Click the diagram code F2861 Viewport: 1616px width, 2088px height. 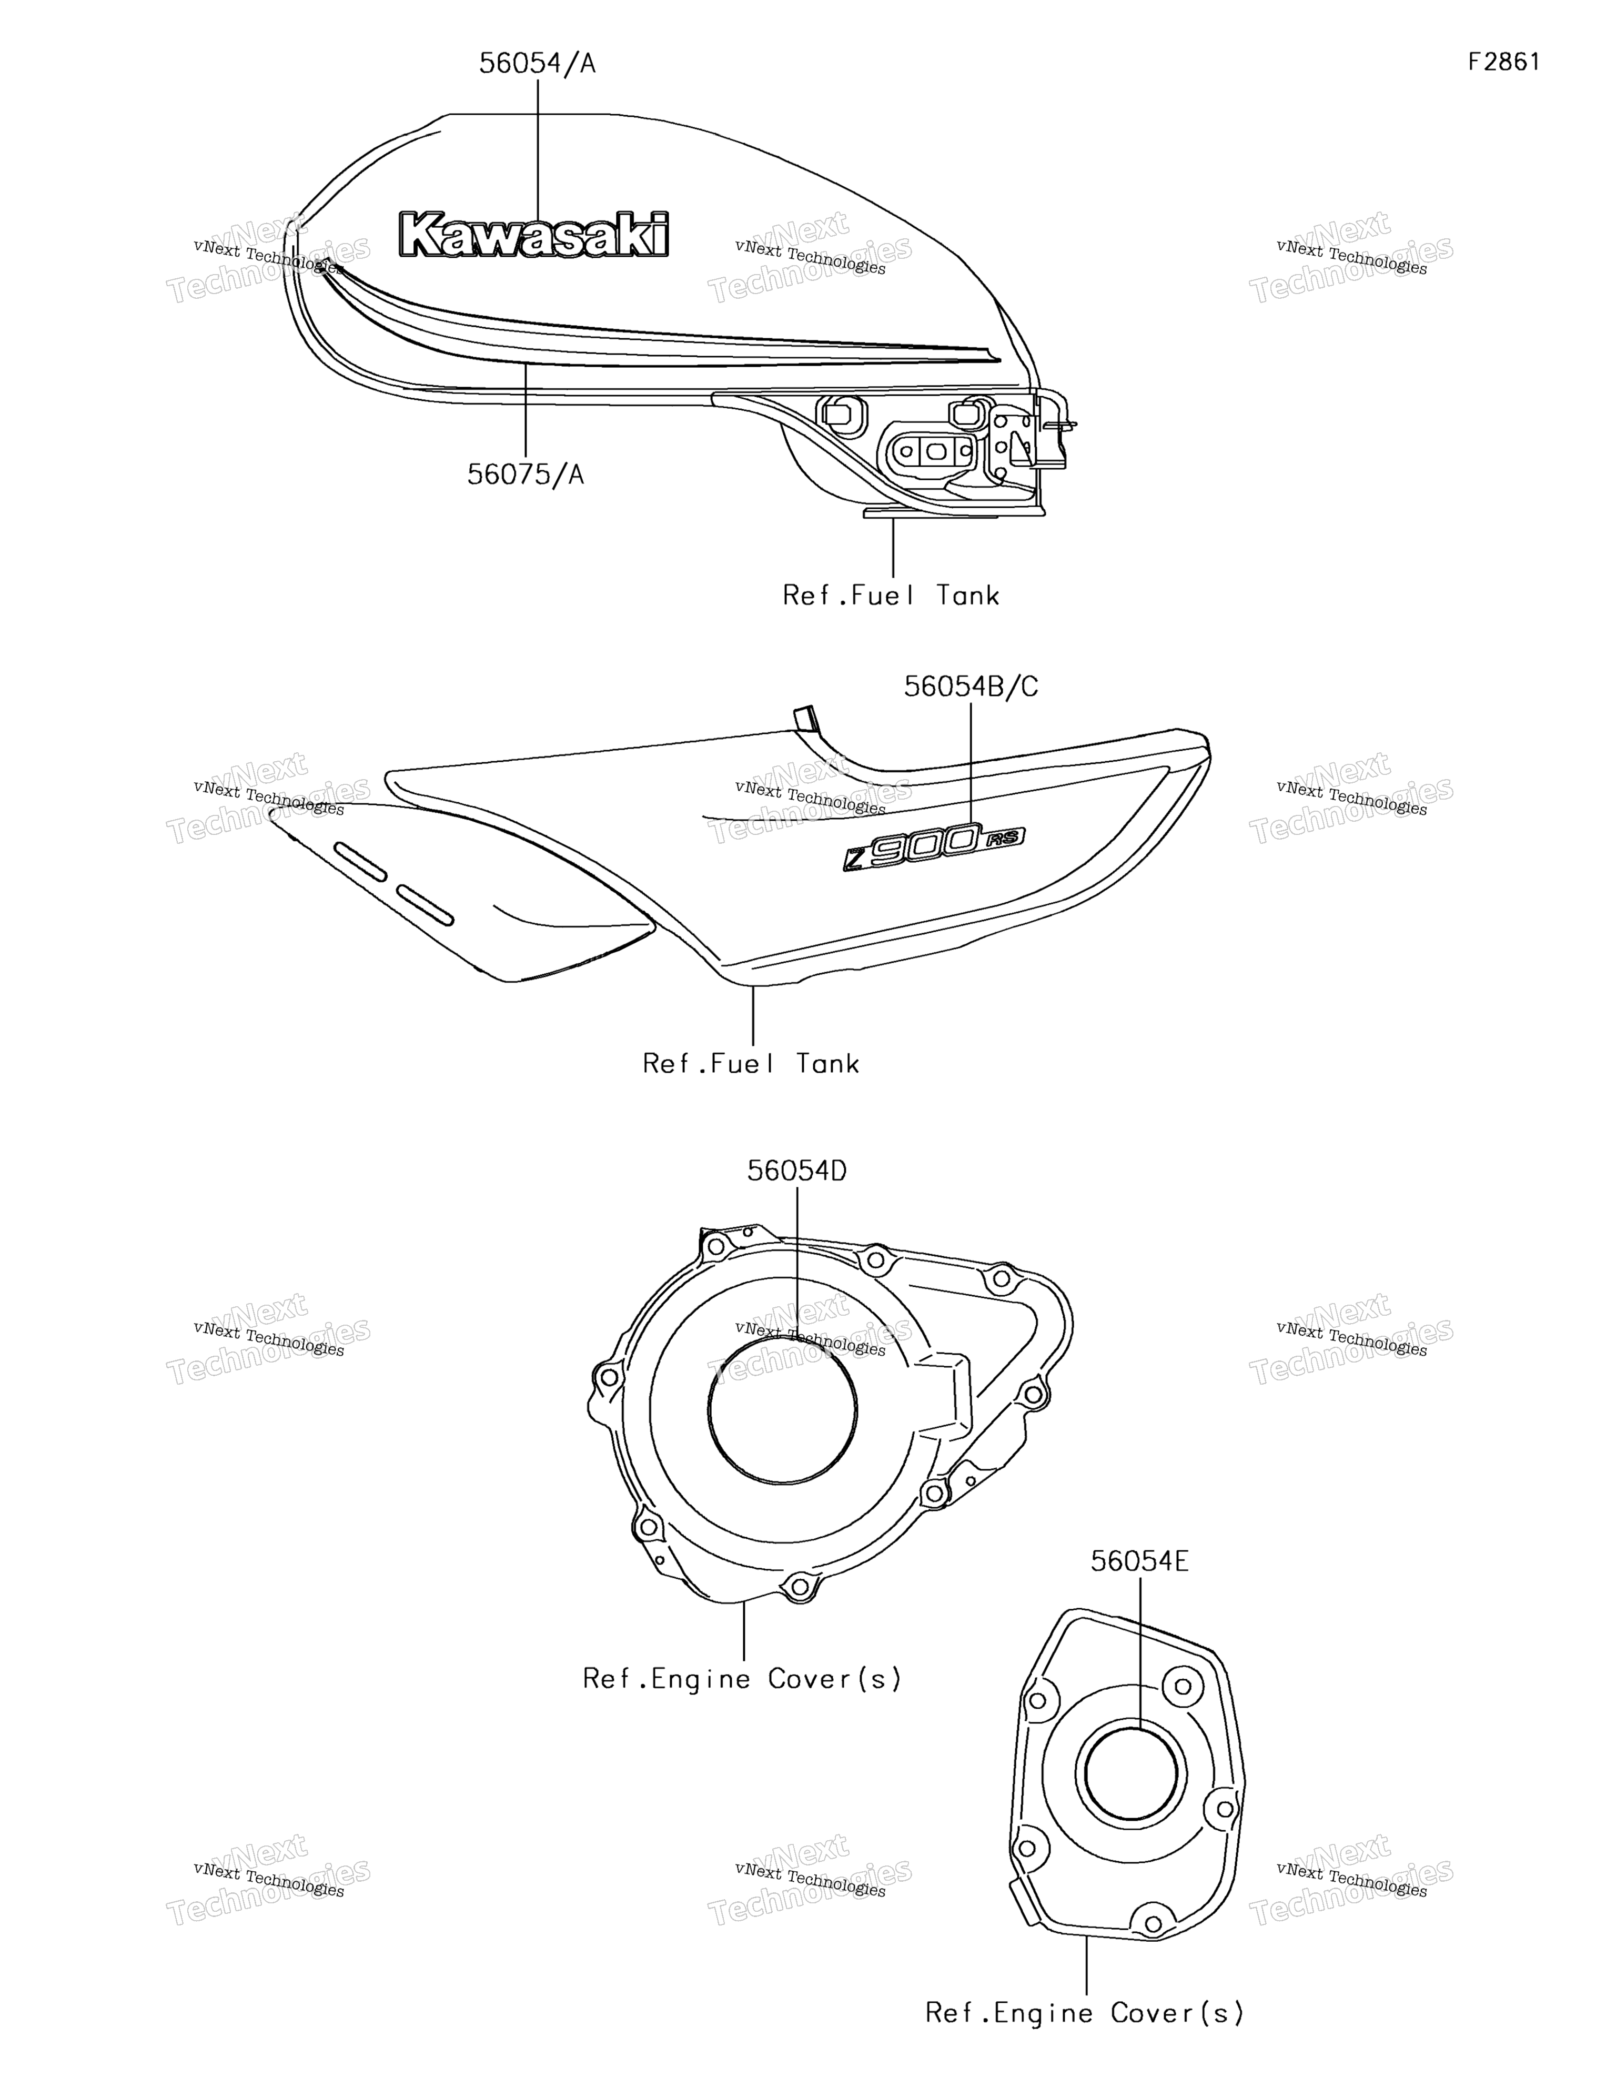click(1504, 62)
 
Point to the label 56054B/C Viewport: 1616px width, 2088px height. click(971, 687)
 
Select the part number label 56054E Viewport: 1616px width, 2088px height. click(1140, 1561)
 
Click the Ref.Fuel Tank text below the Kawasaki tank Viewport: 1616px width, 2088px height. click(891, 596)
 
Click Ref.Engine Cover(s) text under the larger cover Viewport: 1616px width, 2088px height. click(743, 1679)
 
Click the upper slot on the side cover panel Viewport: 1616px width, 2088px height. click(360, 861)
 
